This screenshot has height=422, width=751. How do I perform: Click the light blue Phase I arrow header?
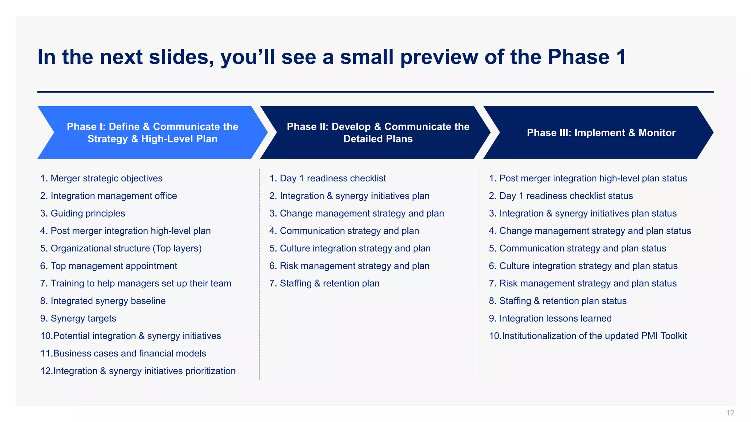coord(152,132)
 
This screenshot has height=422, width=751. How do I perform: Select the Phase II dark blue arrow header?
coord(378,132)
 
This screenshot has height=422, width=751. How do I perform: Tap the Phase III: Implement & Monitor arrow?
coord(601,132)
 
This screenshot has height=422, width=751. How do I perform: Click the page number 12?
coord(730,413)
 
